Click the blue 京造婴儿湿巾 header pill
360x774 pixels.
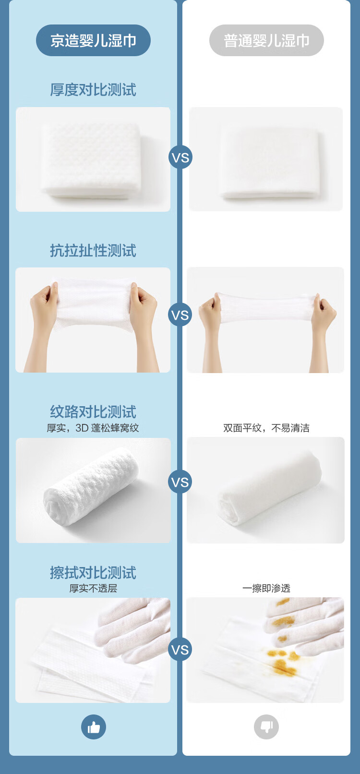pos(93,40)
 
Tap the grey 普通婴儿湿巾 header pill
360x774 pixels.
pos(266,40)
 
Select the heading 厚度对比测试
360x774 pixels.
pos(93,90)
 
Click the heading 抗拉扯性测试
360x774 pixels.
pos(93,251)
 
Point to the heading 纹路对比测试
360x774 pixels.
pos(93,411)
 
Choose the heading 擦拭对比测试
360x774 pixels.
pos(93,572)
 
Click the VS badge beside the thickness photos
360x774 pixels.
pos(180,157)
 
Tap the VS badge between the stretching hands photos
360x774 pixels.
pos(180,315)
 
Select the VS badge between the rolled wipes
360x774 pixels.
pos(180,482)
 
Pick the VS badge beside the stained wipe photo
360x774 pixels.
pos(180,650)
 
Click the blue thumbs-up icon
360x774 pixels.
pos(94,727)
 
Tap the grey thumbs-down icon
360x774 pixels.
pos(266,727)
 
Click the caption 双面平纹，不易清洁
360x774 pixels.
pos(266,428)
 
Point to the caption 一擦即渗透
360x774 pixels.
pos(266,588)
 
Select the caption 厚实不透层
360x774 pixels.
pos(93,588)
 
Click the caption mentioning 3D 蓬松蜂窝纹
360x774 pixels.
pos(93,428)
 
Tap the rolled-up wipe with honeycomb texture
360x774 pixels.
pos(91,487)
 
